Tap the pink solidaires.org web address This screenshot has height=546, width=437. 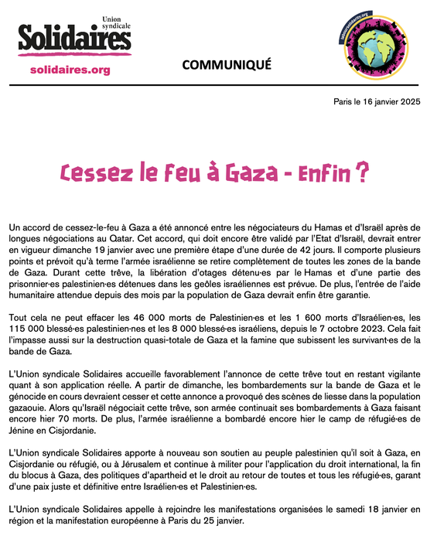pos(69,70)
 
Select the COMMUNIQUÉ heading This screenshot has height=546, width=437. pos(227,64)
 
